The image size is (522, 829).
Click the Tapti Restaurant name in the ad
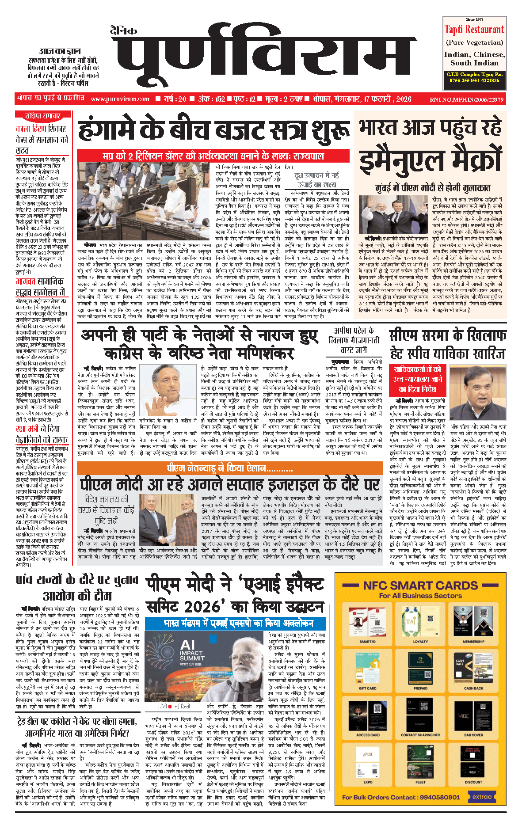click(x=474, y=30)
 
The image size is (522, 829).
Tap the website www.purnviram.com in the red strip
click(x=120, y=99)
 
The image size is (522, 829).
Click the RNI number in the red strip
click(x=466, y=99)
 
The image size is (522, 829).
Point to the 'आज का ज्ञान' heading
click(x=60, y=51)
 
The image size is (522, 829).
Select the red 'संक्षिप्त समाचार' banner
click(x=42, y=116)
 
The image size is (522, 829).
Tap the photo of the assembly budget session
click(x=144, y=201)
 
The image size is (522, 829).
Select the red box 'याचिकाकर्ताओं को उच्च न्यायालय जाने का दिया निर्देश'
click(x=417, y=379)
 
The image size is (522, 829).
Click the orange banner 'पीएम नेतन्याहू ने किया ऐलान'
click(x=230, y=468)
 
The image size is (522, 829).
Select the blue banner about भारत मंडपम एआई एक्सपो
click(x=236, y=624)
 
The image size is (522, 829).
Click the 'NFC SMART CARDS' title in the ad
click(x=420, y=586)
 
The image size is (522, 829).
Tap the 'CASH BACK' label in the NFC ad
click(x=473, y=688)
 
